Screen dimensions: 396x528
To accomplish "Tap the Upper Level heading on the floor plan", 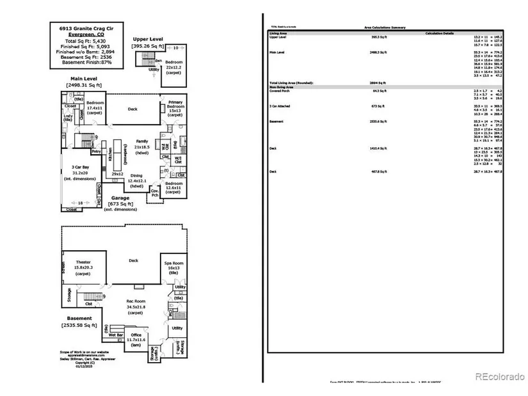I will coord(148,39).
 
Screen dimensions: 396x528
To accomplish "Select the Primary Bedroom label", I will coord(175,106).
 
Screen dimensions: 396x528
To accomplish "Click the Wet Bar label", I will coord(116,335).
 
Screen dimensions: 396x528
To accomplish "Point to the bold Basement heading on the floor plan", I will coord(79,318).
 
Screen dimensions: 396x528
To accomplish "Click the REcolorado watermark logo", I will coord(499,377).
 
